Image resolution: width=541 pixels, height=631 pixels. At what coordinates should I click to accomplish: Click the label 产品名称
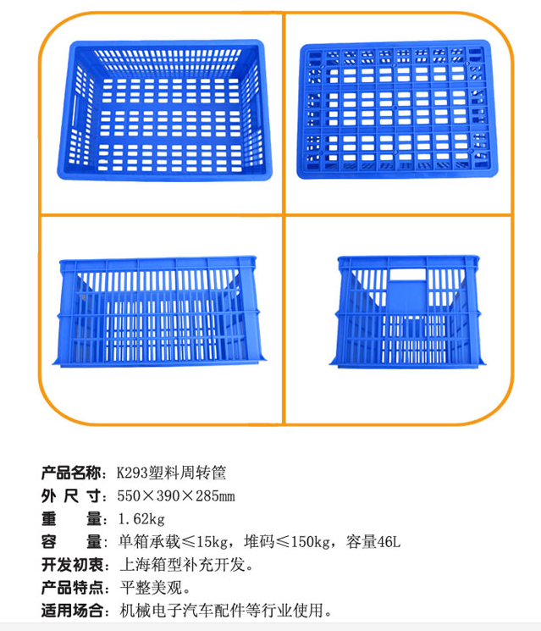tap(71, 473)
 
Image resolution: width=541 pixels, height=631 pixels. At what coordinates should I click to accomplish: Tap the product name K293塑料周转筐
tap(171, 473)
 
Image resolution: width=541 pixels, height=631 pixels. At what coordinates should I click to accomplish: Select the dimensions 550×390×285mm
tap(176, 495)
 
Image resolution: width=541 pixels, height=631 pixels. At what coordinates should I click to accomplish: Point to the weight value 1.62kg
tap(141, 518)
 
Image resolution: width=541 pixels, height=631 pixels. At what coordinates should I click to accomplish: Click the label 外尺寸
tap(71, 495)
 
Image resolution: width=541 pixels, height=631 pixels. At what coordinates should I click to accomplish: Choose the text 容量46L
tap(373, 542)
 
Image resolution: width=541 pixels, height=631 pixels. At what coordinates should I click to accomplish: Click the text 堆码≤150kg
tap(287, 542)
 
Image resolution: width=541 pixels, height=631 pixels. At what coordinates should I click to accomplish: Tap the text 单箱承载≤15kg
tap(173, 542)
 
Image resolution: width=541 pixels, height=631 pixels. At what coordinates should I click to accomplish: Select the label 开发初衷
tap(71, 565)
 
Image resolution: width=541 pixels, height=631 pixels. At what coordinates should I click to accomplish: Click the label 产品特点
tap(71, 588)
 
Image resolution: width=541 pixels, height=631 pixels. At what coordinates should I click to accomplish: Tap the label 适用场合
tap(71, 611)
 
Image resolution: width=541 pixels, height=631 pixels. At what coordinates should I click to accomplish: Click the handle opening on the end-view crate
tap(408, 274)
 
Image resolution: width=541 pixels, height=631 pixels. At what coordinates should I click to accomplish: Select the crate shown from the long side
tap(159, 311)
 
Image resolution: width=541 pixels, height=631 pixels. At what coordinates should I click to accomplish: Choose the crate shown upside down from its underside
tap(397, 109)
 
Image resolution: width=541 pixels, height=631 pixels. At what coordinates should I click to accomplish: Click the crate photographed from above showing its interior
tap(165, 110)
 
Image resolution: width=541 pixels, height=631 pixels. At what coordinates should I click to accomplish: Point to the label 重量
tap(71, 518)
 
